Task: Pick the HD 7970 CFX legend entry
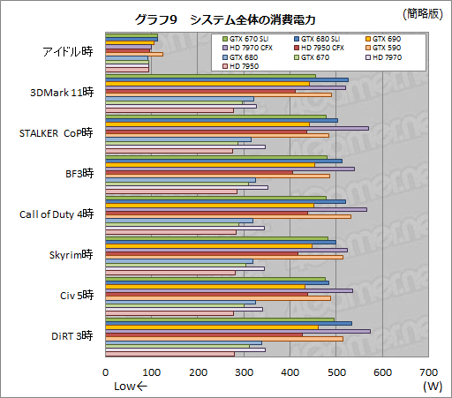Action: (252, 48)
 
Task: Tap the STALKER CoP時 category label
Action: (56, 133)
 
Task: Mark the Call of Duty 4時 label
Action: (56, 214)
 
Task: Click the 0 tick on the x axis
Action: (106, 372)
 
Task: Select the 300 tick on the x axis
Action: (244, 372)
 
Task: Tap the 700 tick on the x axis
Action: (428, 372)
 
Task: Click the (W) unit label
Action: (432, 386)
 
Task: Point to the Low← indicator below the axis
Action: (132, 386)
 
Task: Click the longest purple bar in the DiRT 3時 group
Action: (237, 331)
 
